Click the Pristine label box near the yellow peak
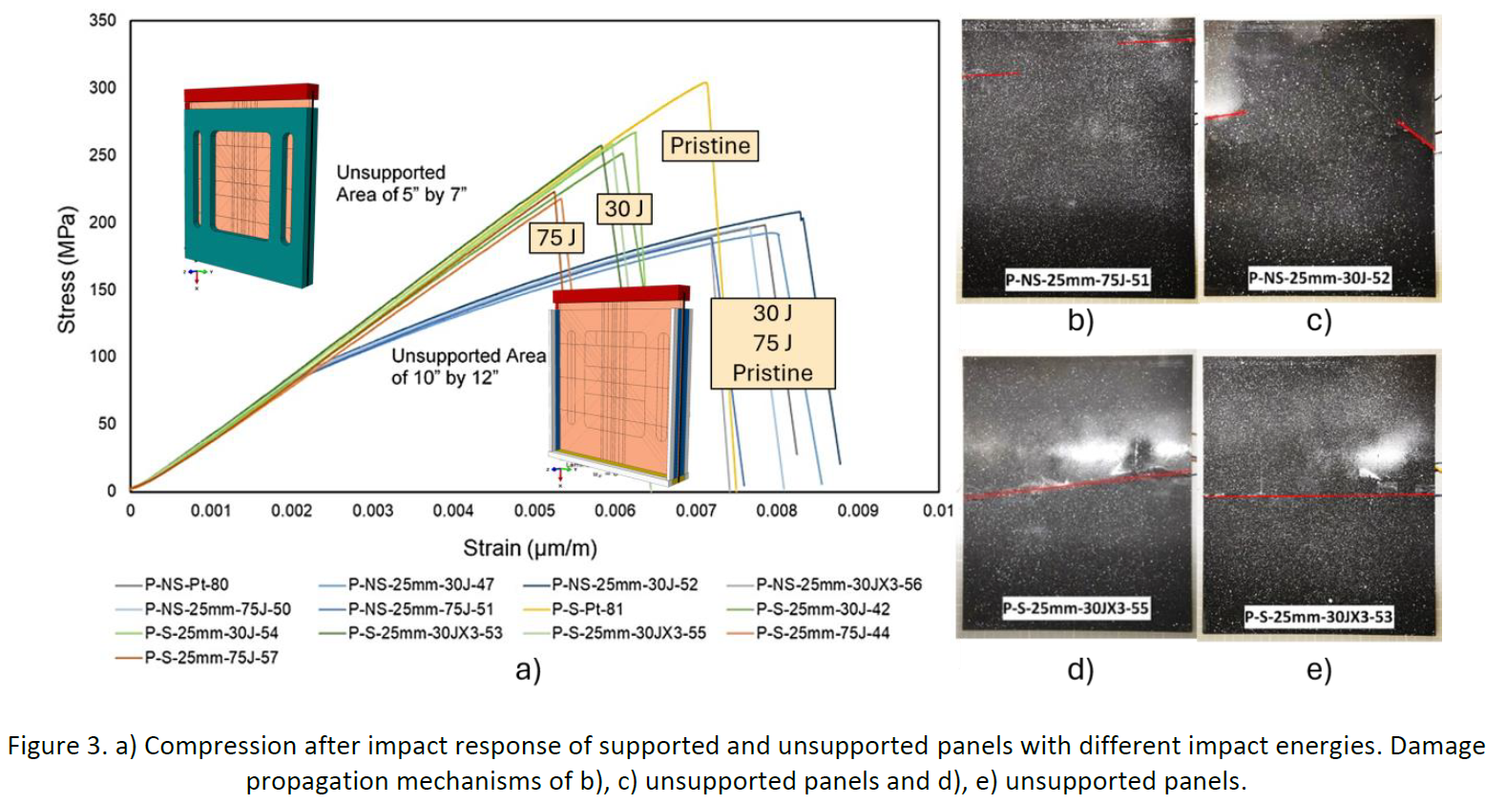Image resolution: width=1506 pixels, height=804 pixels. (x=710, y=145)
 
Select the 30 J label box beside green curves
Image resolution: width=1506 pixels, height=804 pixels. (x=624, y=208)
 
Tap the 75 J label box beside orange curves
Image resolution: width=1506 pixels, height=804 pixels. (x=556, y=237)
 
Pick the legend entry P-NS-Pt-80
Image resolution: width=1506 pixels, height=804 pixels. (x=185, y=584)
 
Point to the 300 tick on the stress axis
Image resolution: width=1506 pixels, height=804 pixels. (x=102, y=88)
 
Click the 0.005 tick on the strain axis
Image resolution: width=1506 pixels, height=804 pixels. (x=534, y=511)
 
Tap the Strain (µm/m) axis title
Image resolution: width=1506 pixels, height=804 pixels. (x=530, y=548)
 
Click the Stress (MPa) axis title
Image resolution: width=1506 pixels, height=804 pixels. (x=66, y=269)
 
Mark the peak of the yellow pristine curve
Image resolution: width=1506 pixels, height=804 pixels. (x=706, y=82)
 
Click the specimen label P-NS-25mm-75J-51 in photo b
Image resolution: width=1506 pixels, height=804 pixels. (x=1077, y=280)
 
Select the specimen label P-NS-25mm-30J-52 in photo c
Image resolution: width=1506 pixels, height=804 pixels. (x=1319, y=278)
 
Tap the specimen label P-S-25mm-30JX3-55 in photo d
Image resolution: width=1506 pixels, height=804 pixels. (x=1076, y=608)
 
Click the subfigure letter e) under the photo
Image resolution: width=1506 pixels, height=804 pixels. (x=1318, y=669)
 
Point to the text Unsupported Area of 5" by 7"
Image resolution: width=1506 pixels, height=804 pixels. (x=401, y=183)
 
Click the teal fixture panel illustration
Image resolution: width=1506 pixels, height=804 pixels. (x=251, y=191)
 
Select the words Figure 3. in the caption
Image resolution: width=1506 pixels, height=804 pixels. (x=57, y=746)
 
